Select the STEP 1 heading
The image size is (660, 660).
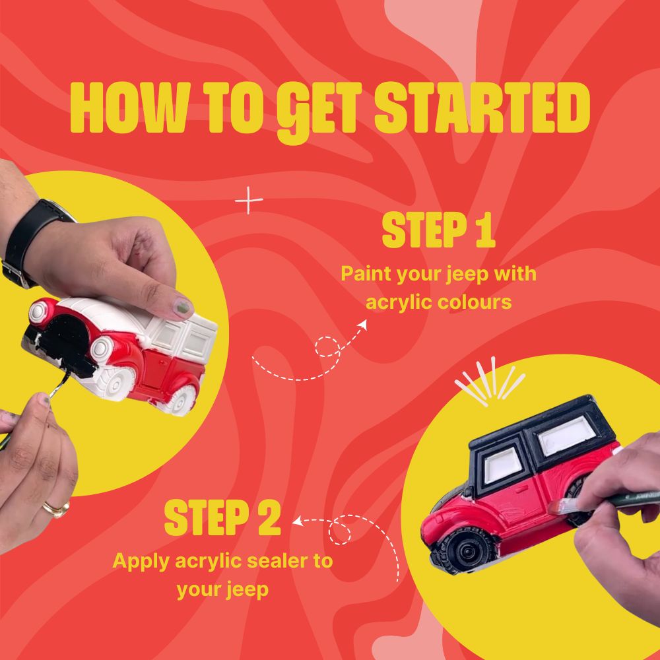pyautogui.click(x=438, y=230)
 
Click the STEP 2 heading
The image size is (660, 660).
pyautogui.click(x=222, y=517)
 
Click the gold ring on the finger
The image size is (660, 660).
pyautogui.click(x=56, y=508)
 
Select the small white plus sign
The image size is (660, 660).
pyautogui.click(x=249, y=201)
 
